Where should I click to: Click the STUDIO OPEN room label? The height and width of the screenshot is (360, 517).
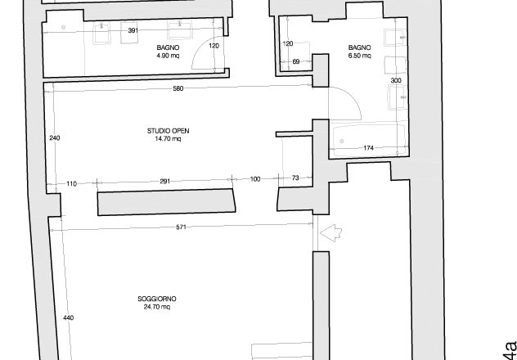(168, 131)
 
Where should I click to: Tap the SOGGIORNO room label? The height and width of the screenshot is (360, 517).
(157, 299)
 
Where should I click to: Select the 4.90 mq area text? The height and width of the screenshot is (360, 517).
(169, 56)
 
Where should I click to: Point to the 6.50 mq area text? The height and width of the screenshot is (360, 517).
(359, 56)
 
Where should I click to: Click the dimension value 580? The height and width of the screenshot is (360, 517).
(178, 88)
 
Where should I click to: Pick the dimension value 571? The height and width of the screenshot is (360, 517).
(182, 227)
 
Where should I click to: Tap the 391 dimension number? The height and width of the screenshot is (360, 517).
(133, 30)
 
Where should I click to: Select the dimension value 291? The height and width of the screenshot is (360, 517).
(165, 182)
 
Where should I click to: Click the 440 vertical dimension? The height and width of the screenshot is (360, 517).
(68, 317)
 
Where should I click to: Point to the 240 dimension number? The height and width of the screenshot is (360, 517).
(55, 138)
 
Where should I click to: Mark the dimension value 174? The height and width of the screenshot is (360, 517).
(368, 148)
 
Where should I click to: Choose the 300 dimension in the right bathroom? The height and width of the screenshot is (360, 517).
(396, 80)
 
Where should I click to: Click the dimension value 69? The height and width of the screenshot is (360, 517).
(296, 61)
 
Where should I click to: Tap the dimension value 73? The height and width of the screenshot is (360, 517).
(295, 178)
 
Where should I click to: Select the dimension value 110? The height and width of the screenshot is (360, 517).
(71, 183)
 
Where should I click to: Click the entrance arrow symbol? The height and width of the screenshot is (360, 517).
(330, 232)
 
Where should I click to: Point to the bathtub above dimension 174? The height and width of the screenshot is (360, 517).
(369, 140)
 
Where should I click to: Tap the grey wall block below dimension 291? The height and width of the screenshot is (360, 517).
(167, 202)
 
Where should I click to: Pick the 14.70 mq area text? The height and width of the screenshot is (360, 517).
(168, 139)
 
